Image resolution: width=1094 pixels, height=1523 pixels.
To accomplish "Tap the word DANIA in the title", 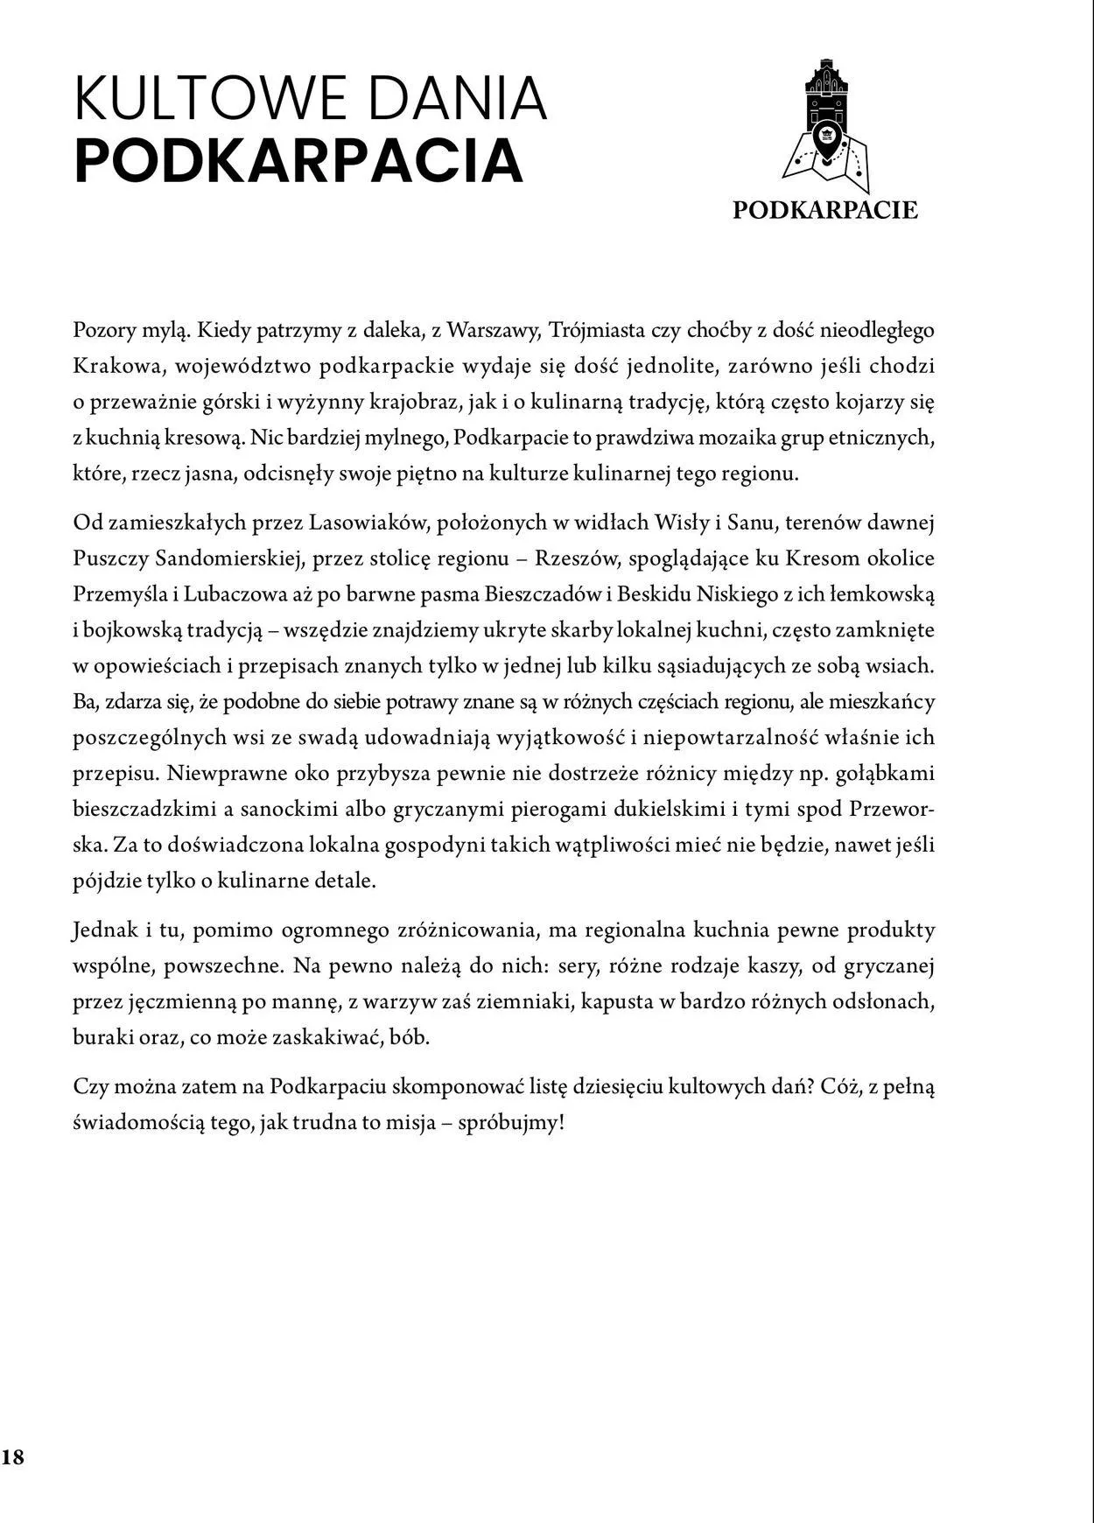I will coord(464,99).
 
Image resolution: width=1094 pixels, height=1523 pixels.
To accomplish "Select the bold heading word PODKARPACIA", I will coord(298,161).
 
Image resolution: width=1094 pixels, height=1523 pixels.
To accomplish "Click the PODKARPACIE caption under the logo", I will coord(825,210).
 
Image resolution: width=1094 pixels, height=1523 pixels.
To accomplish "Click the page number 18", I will coord(13,1456).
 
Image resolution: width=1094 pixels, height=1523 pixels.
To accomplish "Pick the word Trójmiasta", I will coord(591,330).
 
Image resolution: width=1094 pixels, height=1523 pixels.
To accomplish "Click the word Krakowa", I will coord(114,366).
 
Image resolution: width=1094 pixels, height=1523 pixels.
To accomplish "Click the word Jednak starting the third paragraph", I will coord(102,930).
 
